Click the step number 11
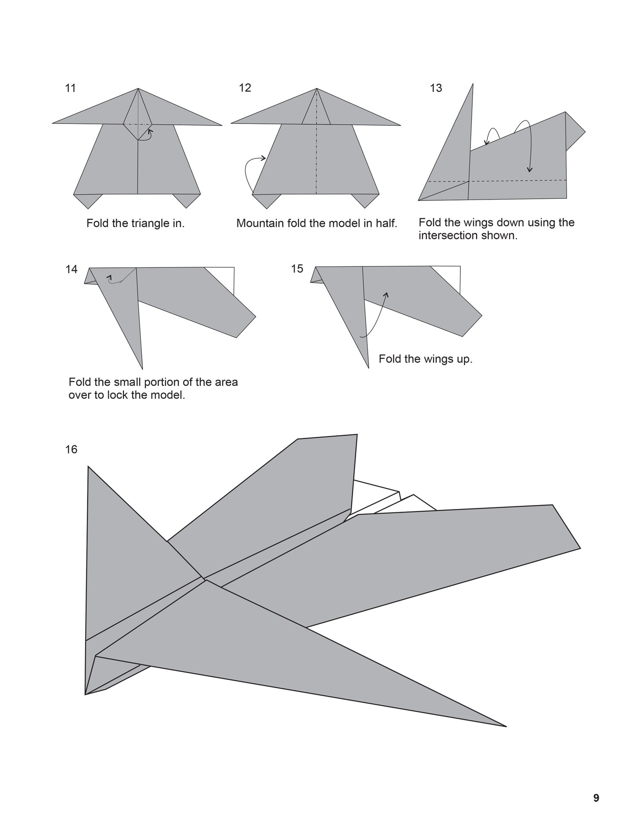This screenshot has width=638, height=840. click(x=70, y=88)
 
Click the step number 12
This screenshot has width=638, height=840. click(x=245, y=88)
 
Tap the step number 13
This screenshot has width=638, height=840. click(x=436, y=88)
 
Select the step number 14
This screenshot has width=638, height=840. click(x=71, y=269)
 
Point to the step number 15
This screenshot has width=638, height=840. click(x=297, y=269)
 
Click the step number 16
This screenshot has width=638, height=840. click(x=71, y=450)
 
